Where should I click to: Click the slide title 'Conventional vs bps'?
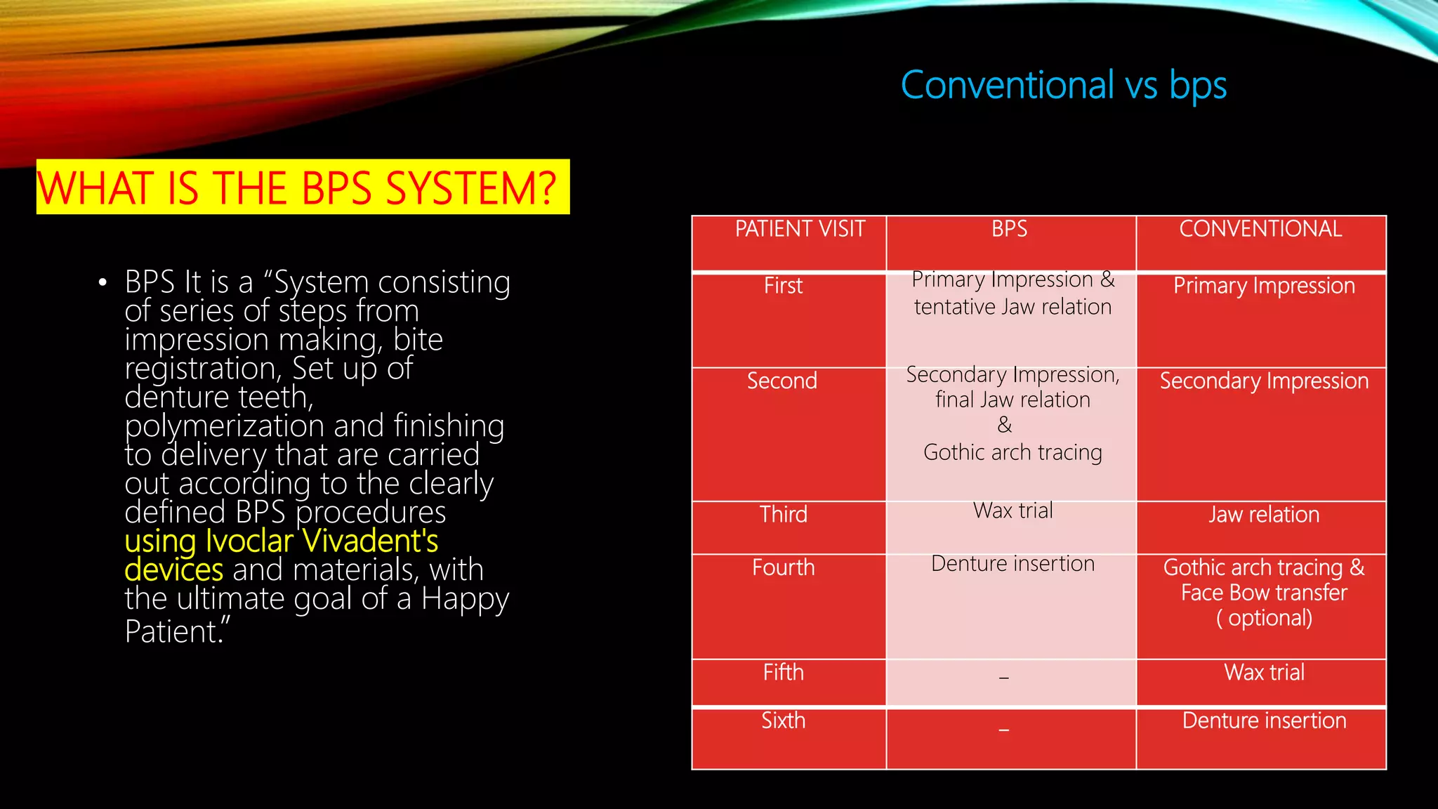(x=1063, y=86)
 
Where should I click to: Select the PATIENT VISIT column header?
(x=800, y=229)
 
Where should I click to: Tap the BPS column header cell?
(x=1009, y=229)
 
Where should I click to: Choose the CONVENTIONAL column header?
(x=1260, y=229)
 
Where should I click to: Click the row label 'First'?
(x=783, y=286)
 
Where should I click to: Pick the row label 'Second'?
(x=782, y=381)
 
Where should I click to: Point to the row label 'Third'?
(x=784, y=514)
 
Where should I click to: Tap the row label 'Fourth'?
(x=784, y=567)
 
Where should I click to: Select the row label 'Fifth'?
(x=784, y=673)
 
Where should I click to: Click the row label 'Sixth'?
(x=784, y=721)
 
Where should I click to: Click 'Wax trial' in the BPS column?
(x=1012, y=511)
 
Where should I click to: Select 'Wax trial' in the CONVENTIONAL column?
(x=1264, y=673)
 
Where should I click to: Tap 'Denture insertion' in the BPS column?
(x=1012, y=564)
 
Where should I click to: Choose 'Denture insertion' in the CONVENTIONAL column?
(x=1264, y=721)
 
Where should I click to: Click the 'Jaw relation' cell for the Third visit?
(x=1264, y=515)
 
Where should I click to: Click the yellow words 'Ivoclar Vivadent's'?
(x=322, y=541)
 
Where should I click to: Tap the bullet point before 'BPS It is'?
(x=103, y=283)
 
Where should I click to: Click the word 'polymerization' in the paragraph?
(x=224, y=426)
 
